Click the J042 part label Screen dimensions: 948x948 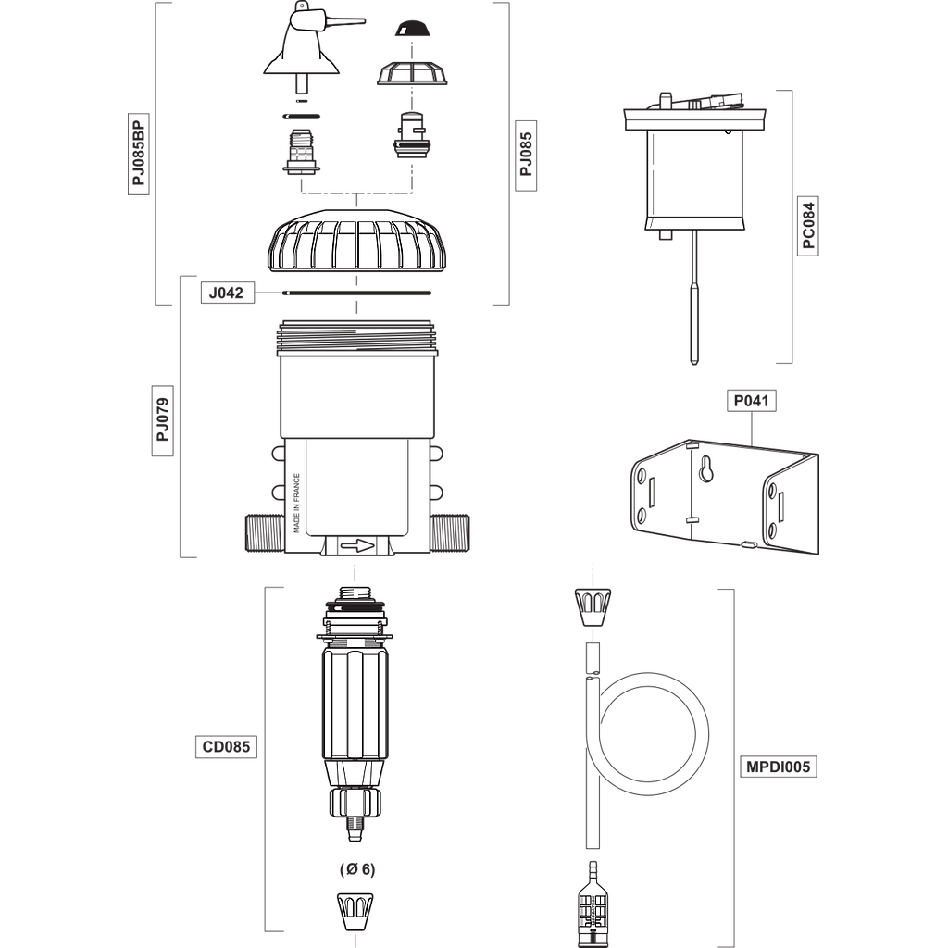(226, 293)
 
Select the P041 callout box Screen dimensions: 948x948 (753, 402)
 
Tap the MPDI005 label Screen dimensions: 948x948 (779, 767)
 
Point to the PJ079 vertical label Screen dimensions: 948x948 (163, 420)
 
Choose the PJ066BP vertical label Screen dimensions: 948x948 (139, 154)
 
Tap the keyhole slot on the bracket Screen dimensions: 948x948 (708, 468)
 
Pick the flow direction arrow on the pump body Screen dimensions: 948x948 (355, 546)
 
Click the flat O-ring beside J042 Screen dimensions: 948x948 (357, 293)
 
